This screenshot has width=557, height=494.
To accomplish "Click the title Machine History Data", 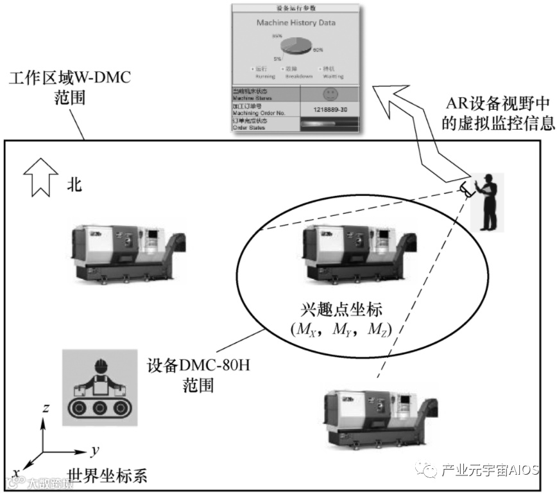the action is click(x=296, y=22).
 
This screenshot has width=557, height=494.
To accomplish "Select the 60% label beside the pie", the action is click(x=317, y=49).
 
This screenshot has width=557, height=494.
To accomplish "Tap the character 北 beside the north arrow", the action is click(x=74, y=185).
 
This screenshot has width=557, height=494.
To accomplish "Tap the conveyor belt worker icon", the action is click(x=99, y=387).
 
